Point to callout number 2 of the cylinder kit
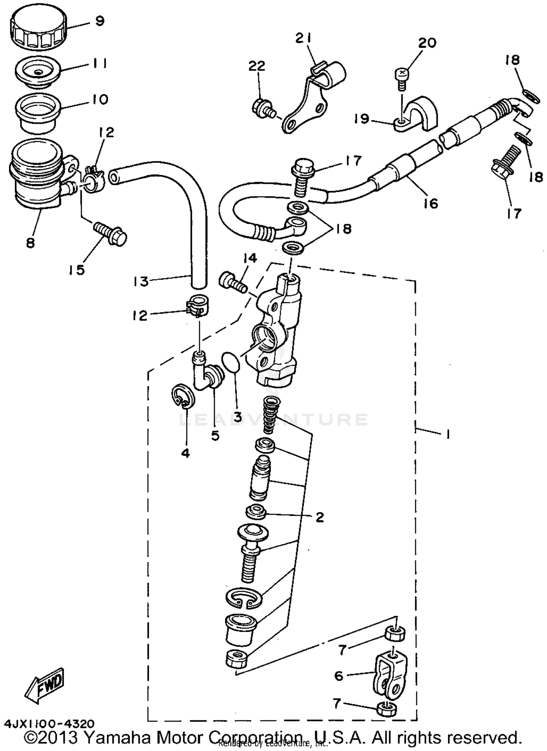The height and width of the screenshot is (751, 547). pos(319,517)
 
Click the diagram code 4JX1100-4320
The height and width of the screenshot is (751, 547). pos(50,723)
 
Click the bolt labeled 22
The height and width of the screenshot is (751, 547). pos(262,107)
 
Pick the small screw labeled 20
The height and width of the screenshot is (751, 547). pos(401,79)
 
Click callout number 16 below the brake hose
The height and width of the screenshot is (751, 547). pos(431,203)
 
